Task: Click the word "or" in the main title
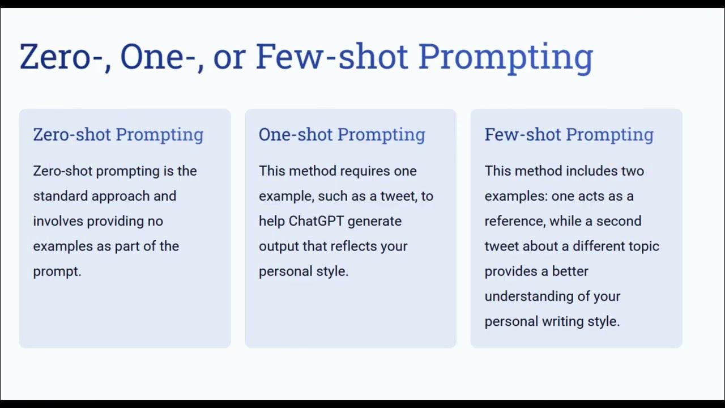pos(229,58)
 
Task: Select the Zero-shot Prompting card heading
pos(118,135)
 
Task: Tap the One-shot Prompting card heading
pos(342,135)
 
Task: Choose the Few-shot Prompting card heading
pos(569,135)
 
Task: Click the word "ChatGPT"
pos(316,221)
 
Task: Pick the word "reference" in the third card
pos(513,221)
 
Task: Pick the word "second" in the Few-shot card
pos(621,221)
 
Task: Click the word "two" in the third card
pos(633,171)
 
